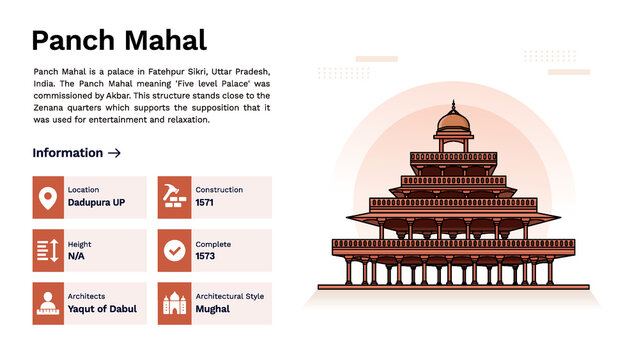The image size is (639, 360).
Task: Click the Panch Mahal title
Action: click(119, 40)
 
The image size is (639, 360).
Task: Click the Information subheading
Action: click(67, 153)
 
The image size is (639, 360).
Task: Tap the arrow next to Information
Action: click(114, 153)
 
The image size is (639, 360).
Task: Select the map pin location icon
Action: click(47, 197)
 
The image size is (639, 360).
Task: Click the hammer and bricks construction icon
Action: click(174, 197)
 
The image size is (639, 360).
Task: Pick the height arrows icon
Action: click(47, 250)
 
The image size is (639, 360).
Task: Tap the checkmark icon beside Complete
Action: click(174, 250)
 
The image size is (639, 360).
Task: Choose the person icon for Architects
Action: click(47, 303)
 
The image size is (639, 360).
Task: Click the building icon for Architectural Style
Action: click(174, 303)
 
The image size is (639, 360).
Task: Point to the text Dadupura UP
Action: click(96, 203)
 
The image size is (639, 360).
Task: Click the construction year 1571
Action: click(205, 203)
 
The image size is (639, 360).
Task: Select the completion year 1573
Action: click(205, 256)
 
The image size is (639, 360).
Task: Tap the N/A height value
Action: click(77, 256)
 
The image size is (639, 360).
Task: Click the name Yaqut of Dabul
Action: click(102, 309)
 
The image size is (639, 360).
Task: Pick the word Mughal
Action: click(212, 309)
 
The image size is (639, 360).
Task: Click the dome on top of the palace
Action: click(453, 122)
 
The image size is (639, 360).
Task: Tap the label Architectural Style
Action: click(230, 296)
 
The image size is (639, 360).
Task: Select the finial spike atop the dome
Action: click(453, 104)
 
